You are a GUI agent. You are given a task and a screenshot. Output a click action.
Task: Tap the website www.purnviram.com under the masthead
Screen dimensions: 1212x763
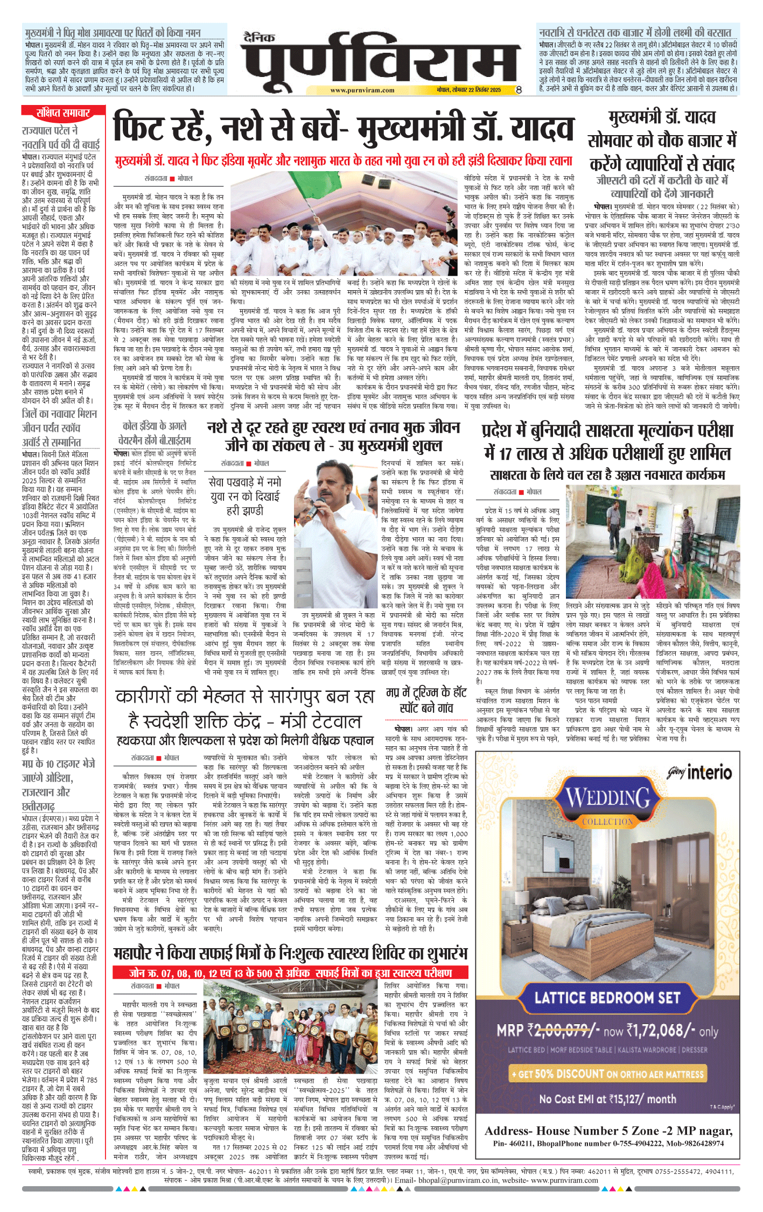(362, 90)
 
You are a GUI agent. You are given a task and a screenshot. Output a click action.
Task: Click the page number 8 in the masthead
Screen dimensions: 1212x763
(518, 90)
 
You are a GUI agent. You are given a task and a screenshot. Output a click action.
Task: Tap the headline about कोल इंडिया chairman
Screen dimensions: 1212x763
(155, 432)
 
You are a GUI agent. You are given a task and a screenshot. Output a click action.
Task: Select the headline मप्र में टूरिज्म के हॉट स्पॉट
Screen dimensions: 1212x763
(426, 700)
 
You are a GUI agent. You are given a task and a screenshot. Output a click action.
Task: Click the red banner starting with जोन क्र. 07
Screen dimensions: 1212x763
(290, 972)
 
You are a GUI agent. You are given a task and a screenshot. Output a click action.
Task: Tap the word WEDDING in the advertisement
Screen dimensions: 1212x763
(608, 797)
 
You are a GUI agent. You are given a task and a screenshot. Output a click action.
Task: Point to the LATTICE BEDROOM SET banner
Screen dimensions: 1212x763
(607, 997)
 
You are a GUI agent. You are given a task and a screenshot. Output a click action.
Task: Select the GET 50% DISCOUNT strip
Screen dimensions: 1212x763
(607, 1074)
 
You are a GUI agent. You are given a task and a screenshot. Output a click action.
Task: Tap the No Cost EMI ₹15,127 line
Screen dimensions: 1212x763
(607, 1099)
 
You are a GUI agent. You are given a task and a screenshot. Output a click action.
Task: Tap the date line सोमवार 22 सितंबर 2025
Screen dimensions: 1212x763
(468, 90)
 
